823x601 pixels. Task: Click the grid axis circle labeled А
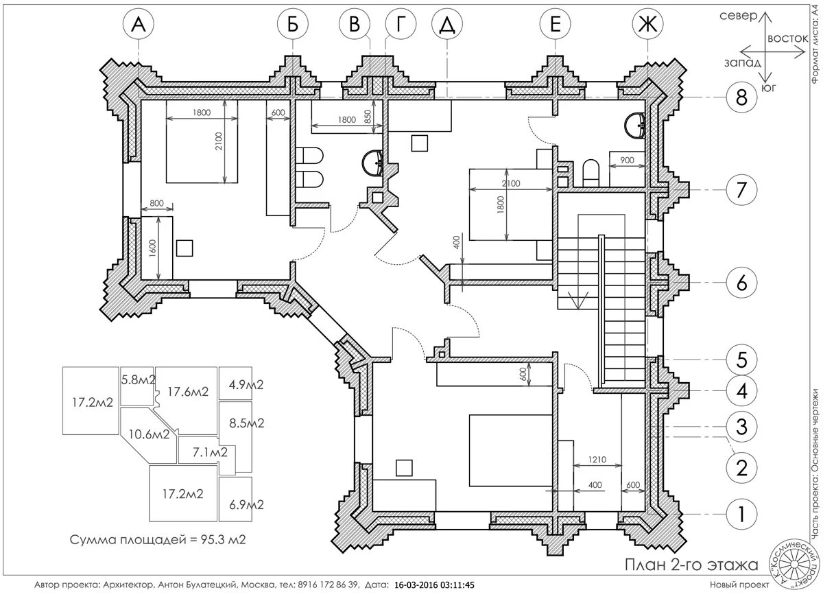click(139, 24)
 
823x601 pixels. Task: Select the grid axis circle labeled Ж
click(647, 24)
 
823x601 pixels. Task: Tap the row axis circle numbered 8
click(741, 97)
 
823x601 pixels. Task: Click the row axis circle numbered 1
click(741, 514)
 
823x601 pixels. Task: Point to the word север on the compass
click(739, 16)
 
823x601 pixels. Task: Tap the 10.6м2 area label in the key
click(150, 434)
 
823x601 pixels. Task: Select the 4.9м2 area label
click(246, 385)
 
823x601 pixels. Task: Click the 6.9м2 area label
click(246, 505)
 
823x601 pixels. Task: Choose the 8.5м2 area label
click(246, 423)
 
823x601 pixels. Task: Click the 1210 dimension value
click(597, 459)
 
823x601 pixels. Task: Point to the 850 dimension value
click(368, 117)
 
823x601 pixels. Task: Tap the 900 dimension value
click(627, 160)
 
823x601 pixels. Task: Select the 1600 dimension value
click(153, 248)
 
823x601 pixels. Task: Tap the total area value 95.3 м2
click(223, 540)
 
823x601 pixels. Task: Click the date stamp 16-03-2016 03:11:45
click(434, 585)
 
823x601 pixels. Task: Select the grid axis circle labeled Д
click(446, 24)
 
